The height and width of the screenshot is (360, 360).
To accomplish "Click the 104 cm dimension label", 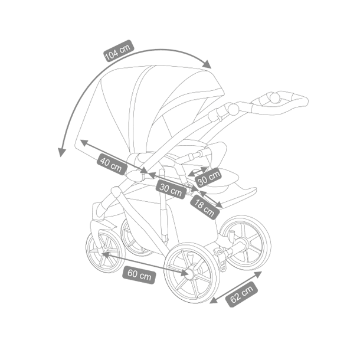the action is pyautogui.click(x=119, y=51).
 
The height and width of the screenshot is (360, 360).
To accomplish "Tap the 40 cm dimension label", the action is pyautogui.click(x=112, y=163).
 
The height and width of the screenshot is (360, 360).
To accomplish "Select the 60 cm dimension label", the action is pyautogui.click(x=139, y=274).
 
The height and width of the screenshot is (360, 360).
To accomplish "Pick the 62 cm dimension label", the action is pyautogui.click(x=241, y=294).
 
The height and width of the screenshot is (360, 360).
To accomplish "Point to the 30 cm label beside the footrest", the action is pyautogui.click(x=208, y=178).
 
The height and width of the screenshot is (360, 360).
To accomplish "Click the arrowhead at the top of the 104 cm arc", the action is pyautogui.click(x=207, y=64).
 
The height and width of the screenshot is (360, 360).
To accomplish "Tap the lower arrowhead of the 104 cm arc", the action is pyautogui.click(x=61, y=152).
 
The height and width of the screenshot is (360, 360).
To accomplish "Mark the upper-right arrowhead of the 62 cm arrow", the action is pyautogui.click(x=257, y=274).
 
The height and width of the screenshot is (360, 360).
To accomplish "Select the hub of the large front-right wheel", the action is pyautogui.click(x=191, y=273).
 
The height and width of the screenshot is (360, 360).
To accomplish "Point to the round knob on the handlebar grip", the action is pyautogui.click(x=274, y=97).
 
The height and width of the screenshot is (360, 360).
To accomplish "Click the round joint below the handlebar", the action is pyautogui.click(x=233, y=109).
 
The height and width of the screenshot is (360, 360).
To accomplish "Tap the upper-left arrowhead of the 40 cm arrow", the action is pyautogui.click(x=84, y=142).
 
